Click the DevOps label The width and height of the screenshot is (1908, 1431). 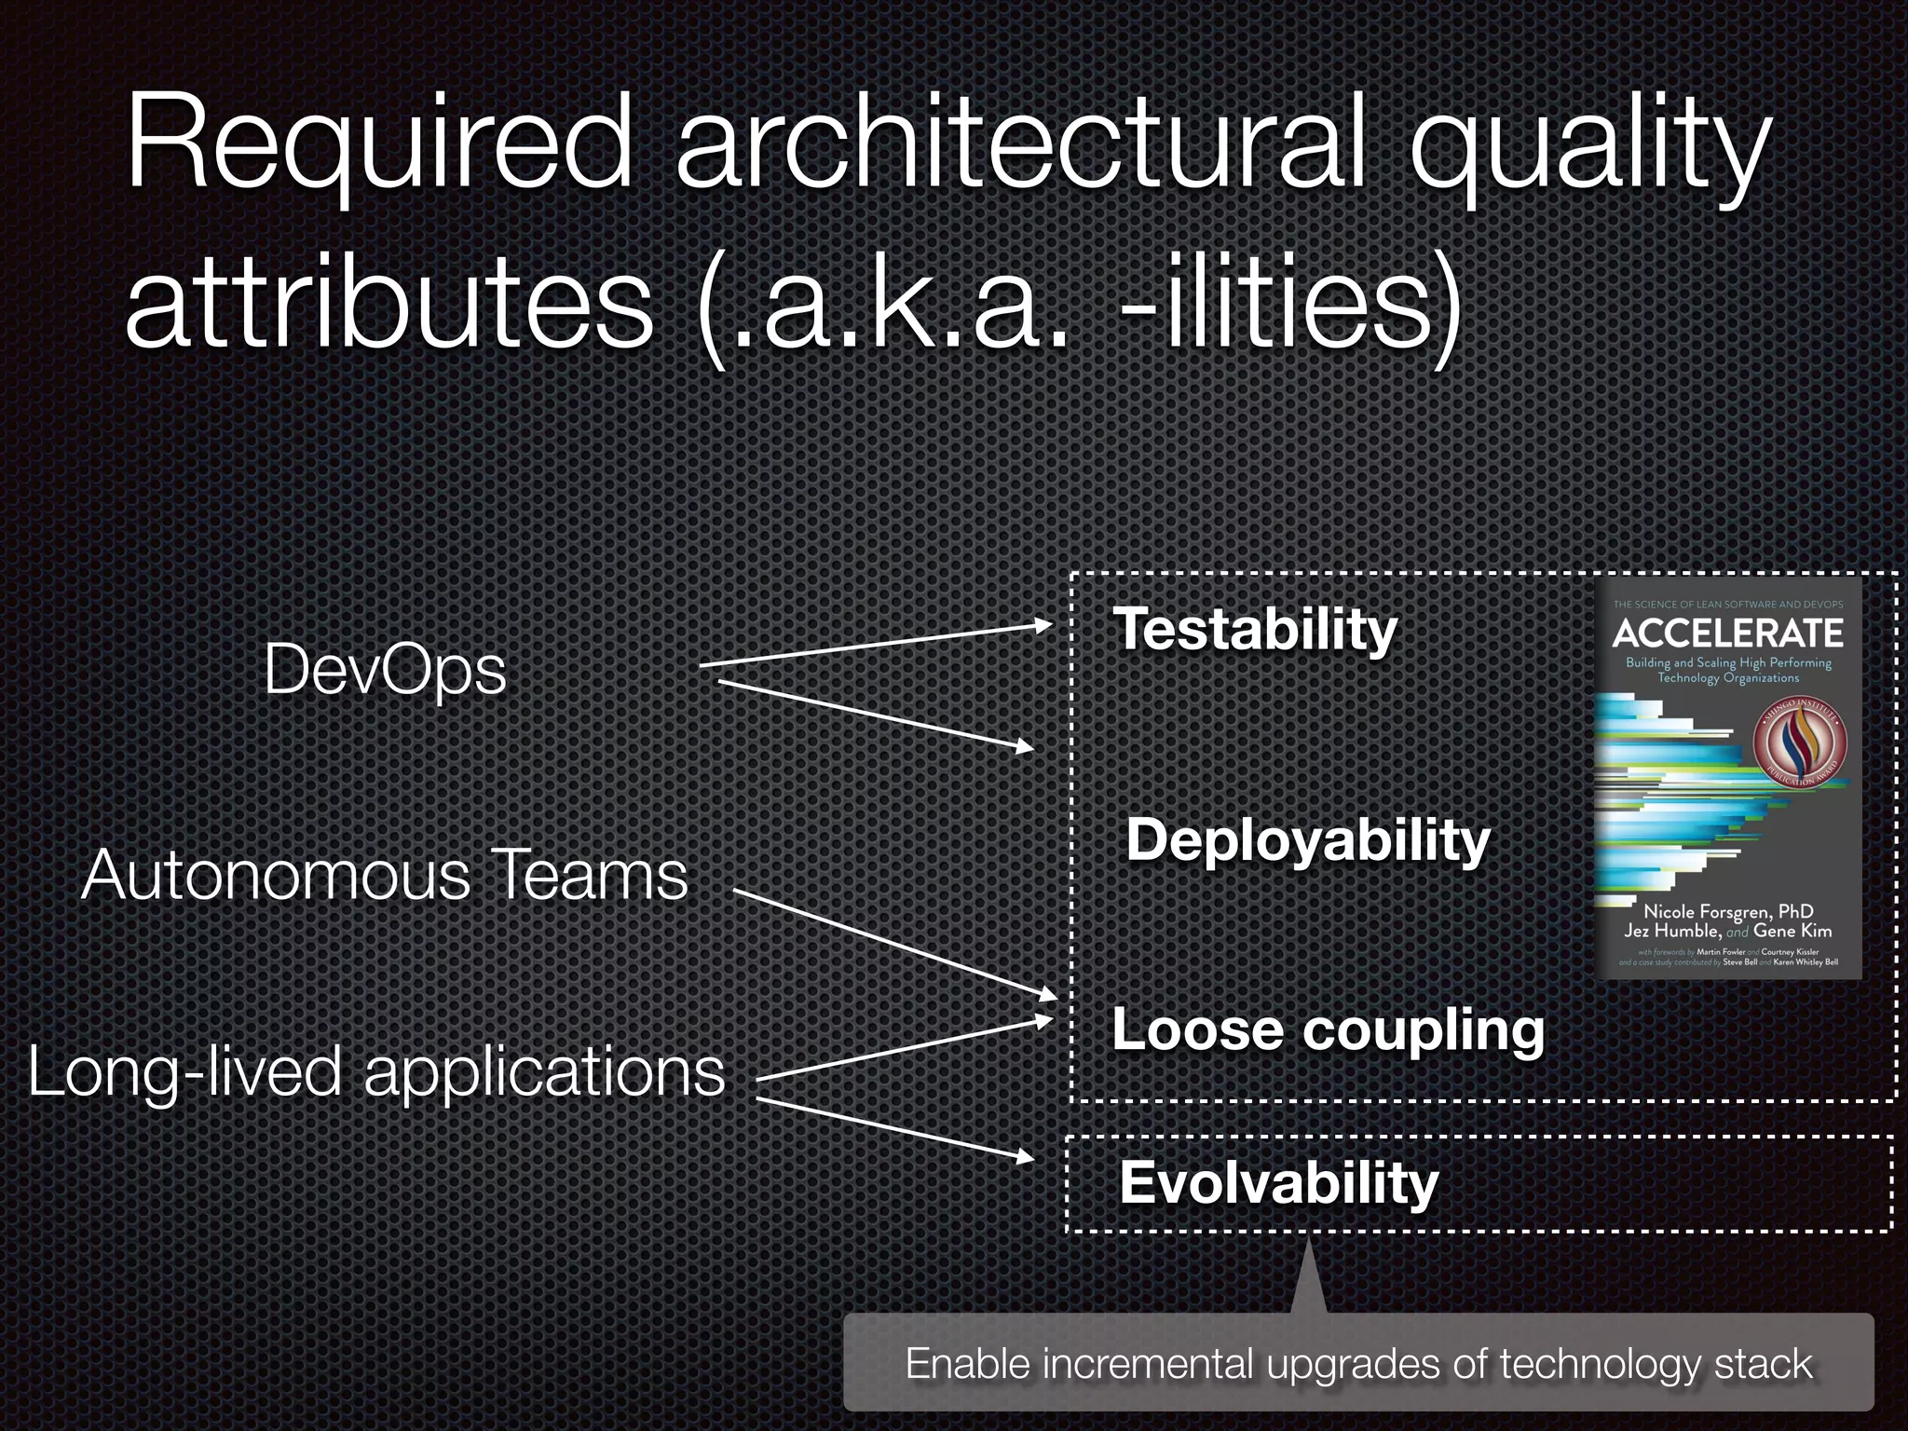pyautogui.click(x=385, y=670)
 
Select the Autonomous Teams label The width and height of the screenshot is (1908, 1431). pyautogui.click(x=384, y=876)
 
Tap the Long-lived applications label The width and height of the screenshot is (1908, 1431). pyautogui.click(x=376, y=1071)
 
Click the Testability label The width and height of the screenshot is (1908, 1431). pyautogui.click(x=1255, y=630)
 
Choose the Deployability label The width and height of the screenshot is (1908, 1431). pyautogui.click(x=1308, y=840)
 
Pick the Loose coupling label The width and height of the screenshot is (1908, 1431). pyautogui.click(x=1328, y=1030)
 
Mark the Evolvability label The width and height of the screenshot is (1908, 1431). pyautogui.click(x=1278, y=1183)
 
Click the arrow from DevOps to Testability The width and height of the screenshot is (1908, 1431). pyautogui.click(x=876, y=645)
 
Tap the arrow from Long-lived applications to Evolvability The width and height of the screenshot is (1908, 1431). pyautogui.click(x=894, y=1129)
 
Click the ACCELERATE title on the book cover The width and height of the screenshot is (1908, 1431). pyautogui.click(x=1727, y=634)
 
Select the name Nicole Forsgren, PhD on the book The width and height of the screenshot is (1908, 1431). pyautogui.click(x=1728, y=911)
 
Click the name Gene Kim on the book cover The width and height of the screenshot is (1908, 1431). pyautogui.click(x=1792, y=931)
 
